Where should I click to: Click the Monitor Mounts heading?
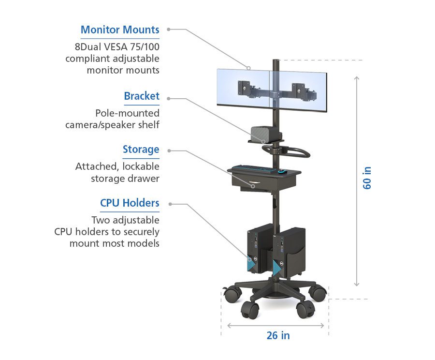[120, 30]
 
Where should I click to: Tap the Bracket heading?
[142, 96]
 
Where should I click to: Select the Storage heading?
[141, 150]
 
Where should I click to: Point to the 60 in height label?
[367, 178]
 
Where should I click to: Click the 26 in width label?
[278, 335]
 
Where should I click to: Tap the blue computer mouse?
[282, 171]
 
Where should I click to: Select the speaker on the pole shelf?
[262, 132]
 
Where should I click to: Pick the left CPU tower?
[253, 251]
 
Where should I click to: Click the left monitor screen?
[242, 87]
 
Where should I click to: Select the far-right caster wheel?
[318, 292]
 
